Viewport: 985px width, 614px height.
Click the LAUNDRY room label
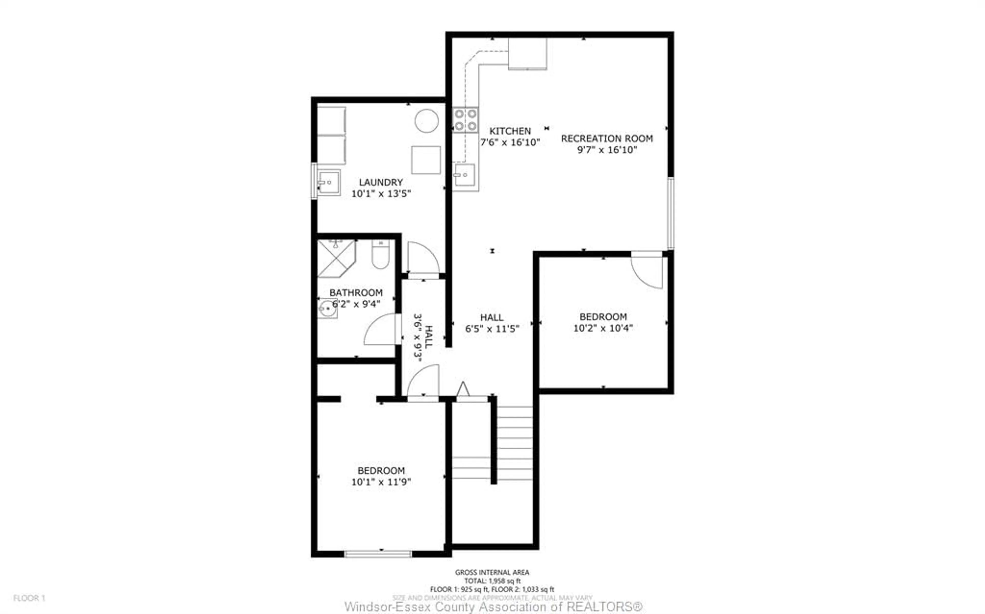point(381,182)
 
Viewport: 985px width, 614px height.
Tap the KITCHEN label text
point(510,131)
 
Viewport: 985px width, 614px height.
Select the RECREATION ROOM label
point(607,138)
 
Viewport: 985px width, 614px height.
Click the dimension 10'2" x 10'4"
point(603,328)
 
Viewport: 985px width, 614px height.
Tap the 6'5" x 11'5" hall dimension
point(492,329)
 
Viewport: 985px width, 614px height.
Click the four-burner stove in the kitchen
point(466,120)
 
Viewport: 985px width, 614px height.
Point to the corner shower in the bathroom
point(336,258)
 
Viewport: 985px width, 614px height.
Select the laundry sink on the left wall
point(328,183)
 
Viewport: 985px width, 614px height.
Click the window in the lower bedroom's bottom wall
point(378,554)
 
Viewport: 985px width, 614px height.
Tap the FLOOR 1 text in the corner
point(29,598)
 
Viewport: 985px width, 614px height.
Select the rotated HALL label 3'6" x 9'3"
point(423,337)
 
